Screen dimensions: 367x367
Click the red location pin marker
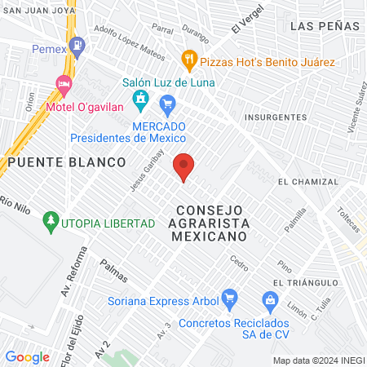pos(184,166)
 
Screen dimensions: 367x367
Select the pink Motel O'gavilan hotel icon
pos(63,83)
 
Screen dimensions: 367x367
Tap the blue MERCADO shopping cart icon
pos(168,103)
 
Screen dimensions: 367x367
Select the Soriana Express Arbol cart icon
pos(229,298)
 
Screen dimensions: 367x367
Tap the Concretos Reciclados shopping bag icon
pos(270,299)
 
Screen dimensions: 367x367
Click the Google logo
pos(27,356)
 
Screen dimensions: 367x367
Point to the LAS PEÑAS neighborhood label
pos(325,26)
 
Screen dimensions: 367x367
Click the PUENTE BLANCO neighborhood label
pos(68,162)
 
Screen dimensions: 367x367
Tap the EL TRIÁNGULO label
pos(306,282)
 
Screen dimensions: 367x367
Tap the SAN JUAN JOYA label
pos(37,11)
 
